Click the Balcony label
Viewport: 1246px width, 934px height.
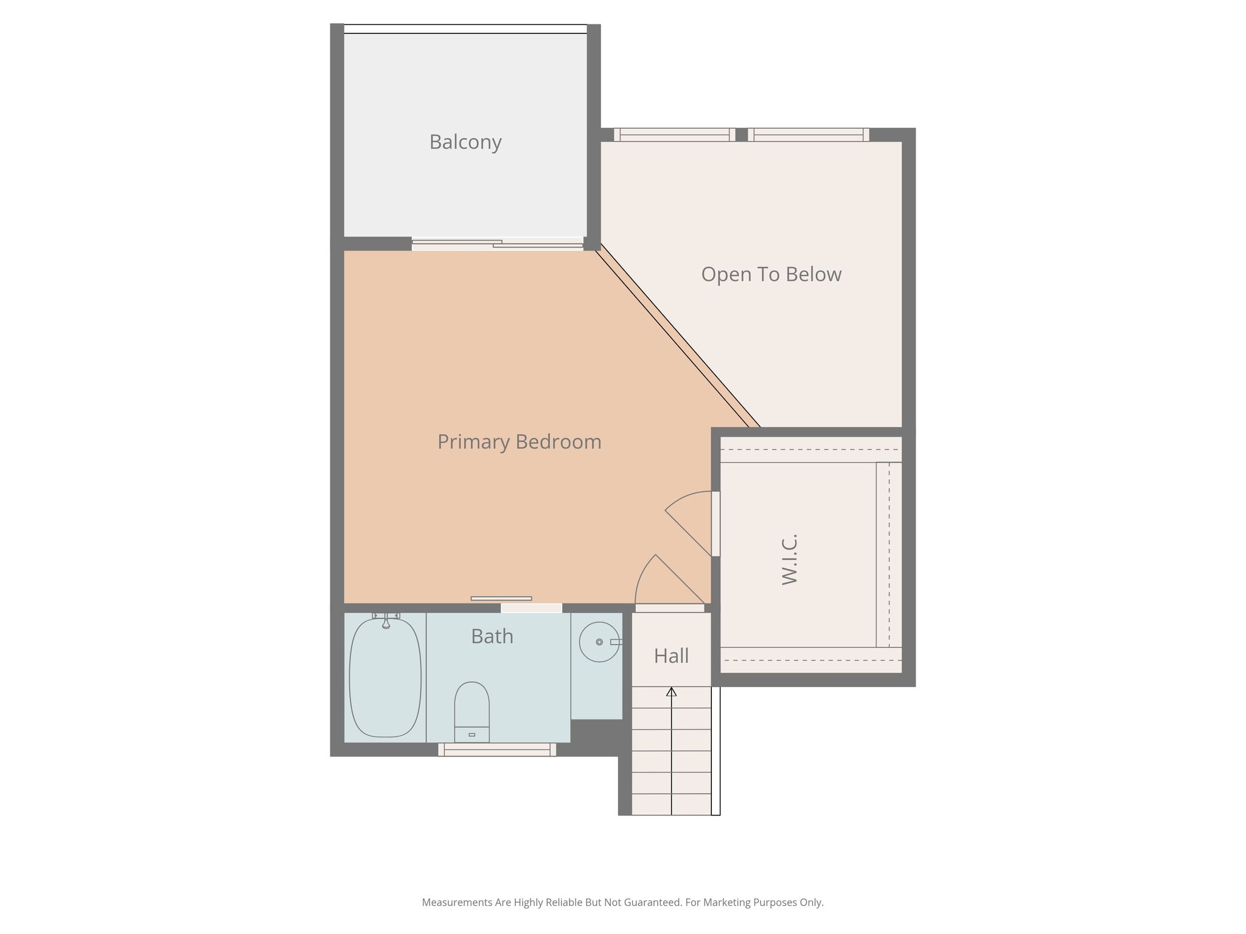[465, 142]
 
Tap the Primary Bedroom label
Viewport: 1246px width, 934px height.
[520, 442]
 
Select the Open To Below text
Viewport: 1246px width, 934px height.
[771, 275]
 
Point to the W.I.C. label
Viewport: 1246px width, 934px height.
[790, 560]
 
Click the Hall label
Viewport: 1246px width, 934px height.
[672, 656]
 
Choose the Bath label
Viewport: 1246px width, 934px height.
[492, 637]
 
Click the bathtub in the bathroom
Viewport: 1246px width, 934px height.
[385, 678]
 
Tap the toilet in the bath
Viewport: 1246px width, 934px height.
[472, 712]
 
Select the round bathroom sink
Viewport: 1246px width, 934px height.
[599, 642]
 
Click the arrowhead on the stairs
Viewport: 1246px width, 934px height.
[672, 691]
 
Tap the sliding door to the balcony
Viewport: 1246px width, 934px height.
[498, 244]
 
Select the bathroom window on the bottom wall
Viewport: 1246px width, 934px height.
[497, 750]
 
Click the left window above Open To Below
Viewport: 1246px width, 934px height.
[675, 134]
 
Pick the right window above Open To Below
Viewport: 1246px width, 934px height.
[809, 134]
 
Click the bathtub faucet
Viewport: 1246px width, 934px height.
[386, 621]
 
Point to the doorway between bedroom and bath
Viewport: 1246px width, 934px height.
[531, 608]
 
